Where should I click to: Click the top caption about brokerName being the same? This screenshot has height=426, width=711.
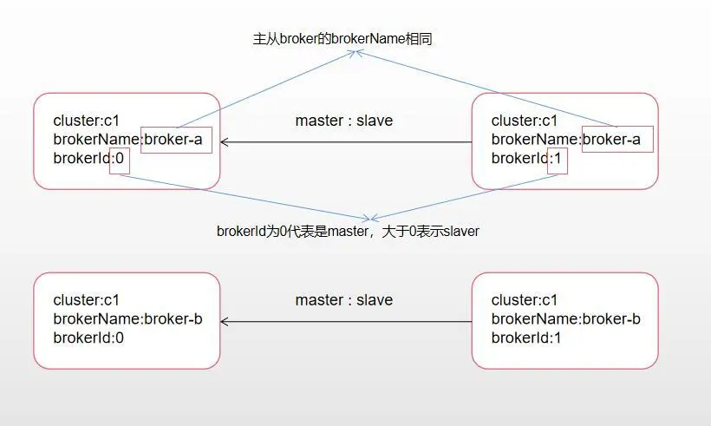tap(342, 39)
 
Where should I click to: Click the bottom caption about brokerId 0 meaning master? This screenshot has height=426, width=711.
tap(348, 232)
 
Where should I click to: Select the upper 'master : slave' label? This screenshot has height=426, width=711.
tap(343, 121)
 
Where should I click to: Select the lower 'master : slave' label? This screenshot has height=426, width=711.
tap(343, 300)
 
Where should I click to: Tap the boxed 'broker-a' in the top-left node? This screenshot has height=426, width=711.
tap(173, 140)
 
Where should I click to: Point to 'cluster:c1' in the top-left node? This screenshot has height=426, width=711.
tap(86, 121)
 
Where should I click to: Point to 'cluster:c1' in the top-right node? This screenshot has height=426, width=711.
tap(525, 121)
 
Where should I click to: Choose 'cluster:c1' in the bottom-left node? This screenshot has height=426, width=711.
tap(86, 300)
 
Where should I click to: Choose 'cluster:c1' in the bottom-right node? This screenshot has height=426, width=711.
tap(525, 300)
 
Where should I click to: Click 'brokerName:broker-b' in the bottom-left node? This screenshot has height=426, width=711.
tap(127, 319)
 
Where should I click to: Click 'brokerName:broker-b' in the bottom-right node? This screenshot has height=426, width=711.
tap(566, 319)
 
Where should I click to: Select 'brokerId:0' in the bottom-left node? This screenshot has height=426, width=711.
tap(88, 338)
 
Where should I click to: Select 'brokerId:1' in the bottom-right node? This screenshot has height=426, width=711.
tap(526, 338)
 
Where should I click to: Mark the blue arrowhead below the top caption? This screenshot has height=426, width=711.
tap(355, 53)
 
